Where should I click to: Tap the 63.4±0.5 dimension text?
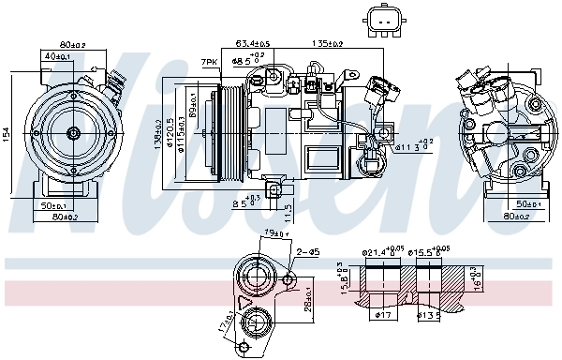tap(252, 43)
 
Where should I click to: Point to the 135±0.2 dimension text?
tap(326, 43)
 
